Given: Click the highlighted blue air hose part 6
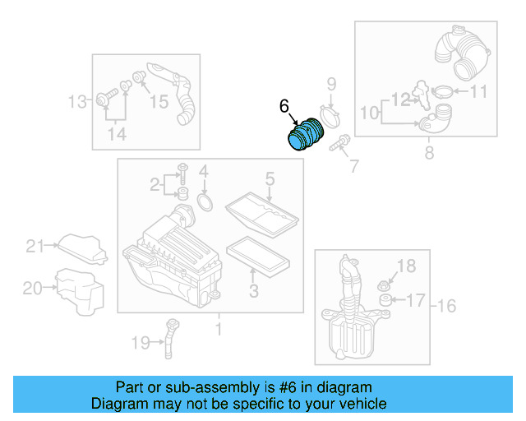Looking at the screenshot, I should [307, 134].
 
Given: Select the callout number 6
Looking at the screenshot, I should [284, 107].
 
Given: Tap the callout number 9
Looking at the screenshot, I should [332, 83].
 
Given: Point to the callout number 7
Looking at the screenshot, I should [353, 167].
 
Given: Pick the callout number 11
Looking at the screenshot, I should [478, 92].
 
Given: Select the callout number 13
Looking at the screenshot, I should [76, 102].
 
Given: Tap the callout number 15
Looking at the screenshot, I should [158, 102].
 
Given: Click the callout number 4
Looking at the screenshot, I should [204, 173].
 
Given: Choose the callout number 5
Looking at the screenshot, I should [269, 178].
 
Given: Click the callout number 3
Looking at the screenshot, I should [254, 290].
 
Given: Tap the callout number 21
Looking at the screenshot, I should [34, 245].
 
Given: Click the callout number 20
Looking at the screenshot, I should [32, 289].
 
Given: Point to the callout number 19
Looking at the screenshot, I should [141, 342].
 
